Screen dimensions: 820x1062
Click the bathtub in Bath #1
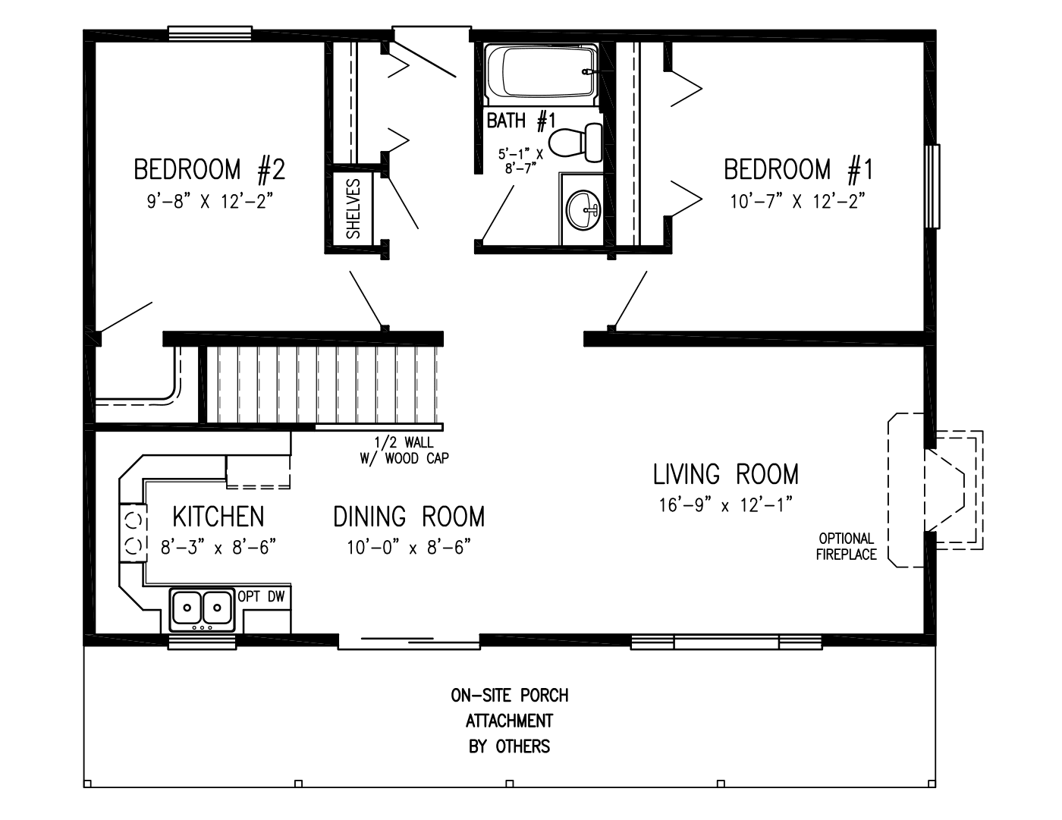pyautogui.click(x=540, y=74)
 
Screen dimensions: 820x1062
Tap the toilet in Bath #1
pyautogui.click(x=576, y=142)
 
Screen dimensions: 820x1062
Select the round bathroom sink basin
pyautogui.click(x=584, y=209)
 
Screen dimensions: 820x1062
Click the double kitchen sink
pyautogui.click(x=202, y=608)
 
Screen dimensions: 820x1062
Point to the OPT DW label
pyautogui.click(x=262, y=597)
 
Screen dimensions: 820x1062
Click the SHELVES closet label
pyautogui.click(x=353, y=209)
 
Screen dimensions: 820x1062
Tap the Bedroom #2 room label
pyautogui.click(x=209, y=169)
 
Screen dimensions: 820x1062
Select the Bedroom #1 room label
pyautogui.click(x=798, y=169)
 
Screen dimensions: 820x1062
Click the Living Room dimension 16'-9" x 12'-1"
pyautogui.click(x=725, y=505)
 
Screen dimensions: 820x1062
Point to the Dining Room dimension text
pyautogui.click(x=409, y=547)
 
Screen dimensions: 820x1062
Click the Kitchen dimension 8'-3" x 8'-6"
pyautogui.click(x=218, y=547)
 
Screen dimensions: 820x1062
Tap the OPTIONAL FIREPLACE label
pyautogui.click(x=847, y=547)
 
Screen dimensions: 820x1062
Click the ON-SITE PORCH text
pyautogui.click(x=509, y=696)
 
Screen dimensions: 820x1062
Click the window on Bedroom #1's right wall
pyautogui.click(x=932, y=186)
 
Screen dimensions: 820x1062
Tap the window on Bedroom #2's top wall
pyautogui.click(x=209, y=33)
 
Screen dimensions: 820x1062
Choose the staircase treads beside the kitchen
pyautogui.click(x=322, y=385)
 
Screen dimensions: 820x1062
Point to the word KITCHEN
pyautogui.click(x=218, y=517)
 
